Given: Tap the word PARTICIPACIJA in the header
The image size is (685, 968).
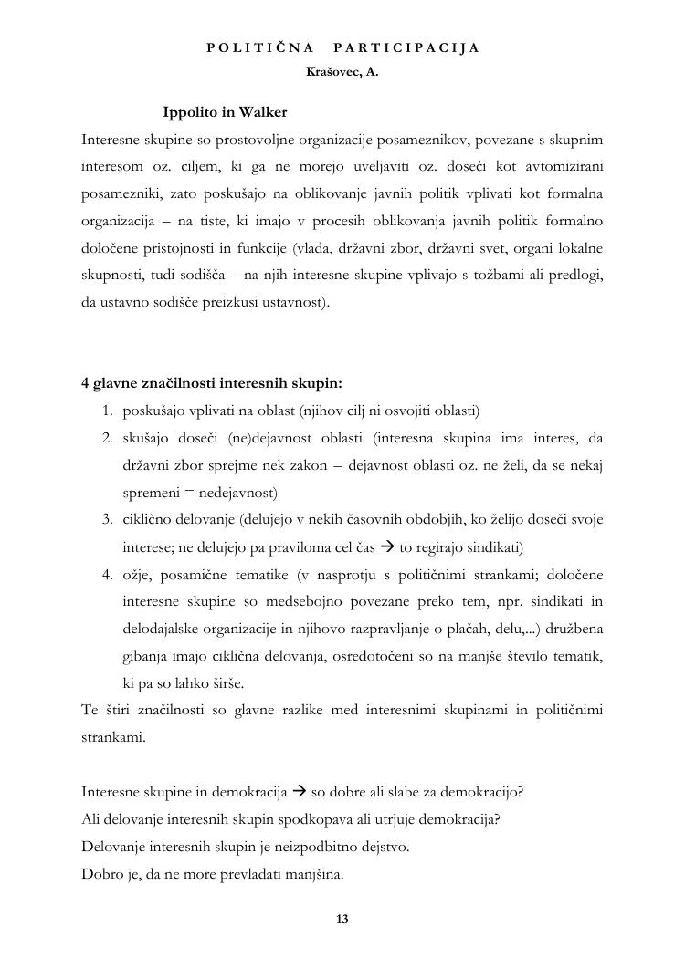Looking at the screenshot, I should point(406,47).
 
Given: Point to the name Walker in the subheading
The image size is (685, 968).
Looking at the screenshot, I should point(263,112).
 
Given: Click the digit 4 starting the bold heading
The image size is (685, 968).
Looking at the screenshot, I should point(85,383).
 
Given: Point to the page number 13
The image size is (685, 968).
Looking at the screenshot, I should point(342,919).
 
